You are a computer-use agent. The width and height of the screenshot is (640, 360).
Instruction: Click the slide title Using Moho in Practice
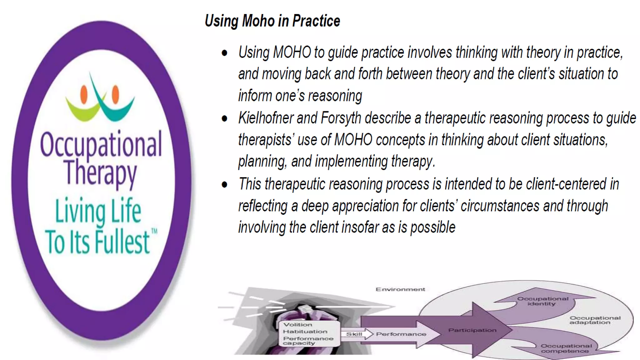pos(272,21)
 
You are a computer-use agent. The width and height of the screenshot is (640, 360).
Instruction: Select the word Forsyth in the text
pos(341,118)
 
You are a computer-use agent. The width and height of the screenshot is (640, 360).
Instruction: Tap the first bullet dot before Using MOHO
pos(224,53)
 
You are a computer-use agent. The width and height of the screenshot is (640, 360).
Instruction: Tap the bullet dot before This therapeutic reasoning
pos(224,185)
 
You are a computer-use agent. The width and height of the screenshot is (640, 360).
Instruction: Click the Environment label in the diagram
pos(400,289)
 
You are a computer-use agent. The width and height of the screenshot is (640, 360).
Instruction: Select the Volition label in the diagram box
pos(297,325)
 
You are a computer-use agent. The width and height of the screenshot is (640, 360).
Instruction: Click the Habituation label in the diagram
pos(305,332)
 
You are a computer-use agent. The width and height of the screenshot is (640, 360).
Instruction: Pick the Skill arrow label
pos(354,334)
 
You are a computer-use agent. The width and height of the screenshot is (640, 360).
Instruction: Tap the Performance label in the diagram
pos(401,334)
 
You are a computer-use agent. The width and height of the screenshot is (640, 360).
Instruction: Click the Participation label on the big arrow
pos(472,330)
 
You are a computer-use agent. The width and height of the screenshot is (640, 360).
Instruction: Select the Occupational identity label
pos(542,301)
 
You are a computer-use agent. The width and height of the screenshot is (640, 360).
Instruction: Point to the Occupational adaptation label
pos(595,320)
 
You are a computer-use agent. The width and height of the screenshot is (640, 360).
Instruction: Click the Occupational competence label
pos(566,348)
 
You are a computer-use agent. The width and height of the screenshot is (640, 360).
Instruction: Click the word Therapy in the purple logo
pos(100,172)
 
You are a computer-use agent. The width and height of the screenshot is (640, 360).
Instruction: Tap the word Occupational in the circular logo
pos(101,144)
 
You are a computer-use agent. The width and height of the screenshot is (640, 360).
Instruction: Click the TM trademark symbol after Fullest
pos(154,231)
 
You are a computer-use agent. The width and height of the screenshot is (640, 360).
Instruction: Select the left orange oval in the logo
pos(84,94)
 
